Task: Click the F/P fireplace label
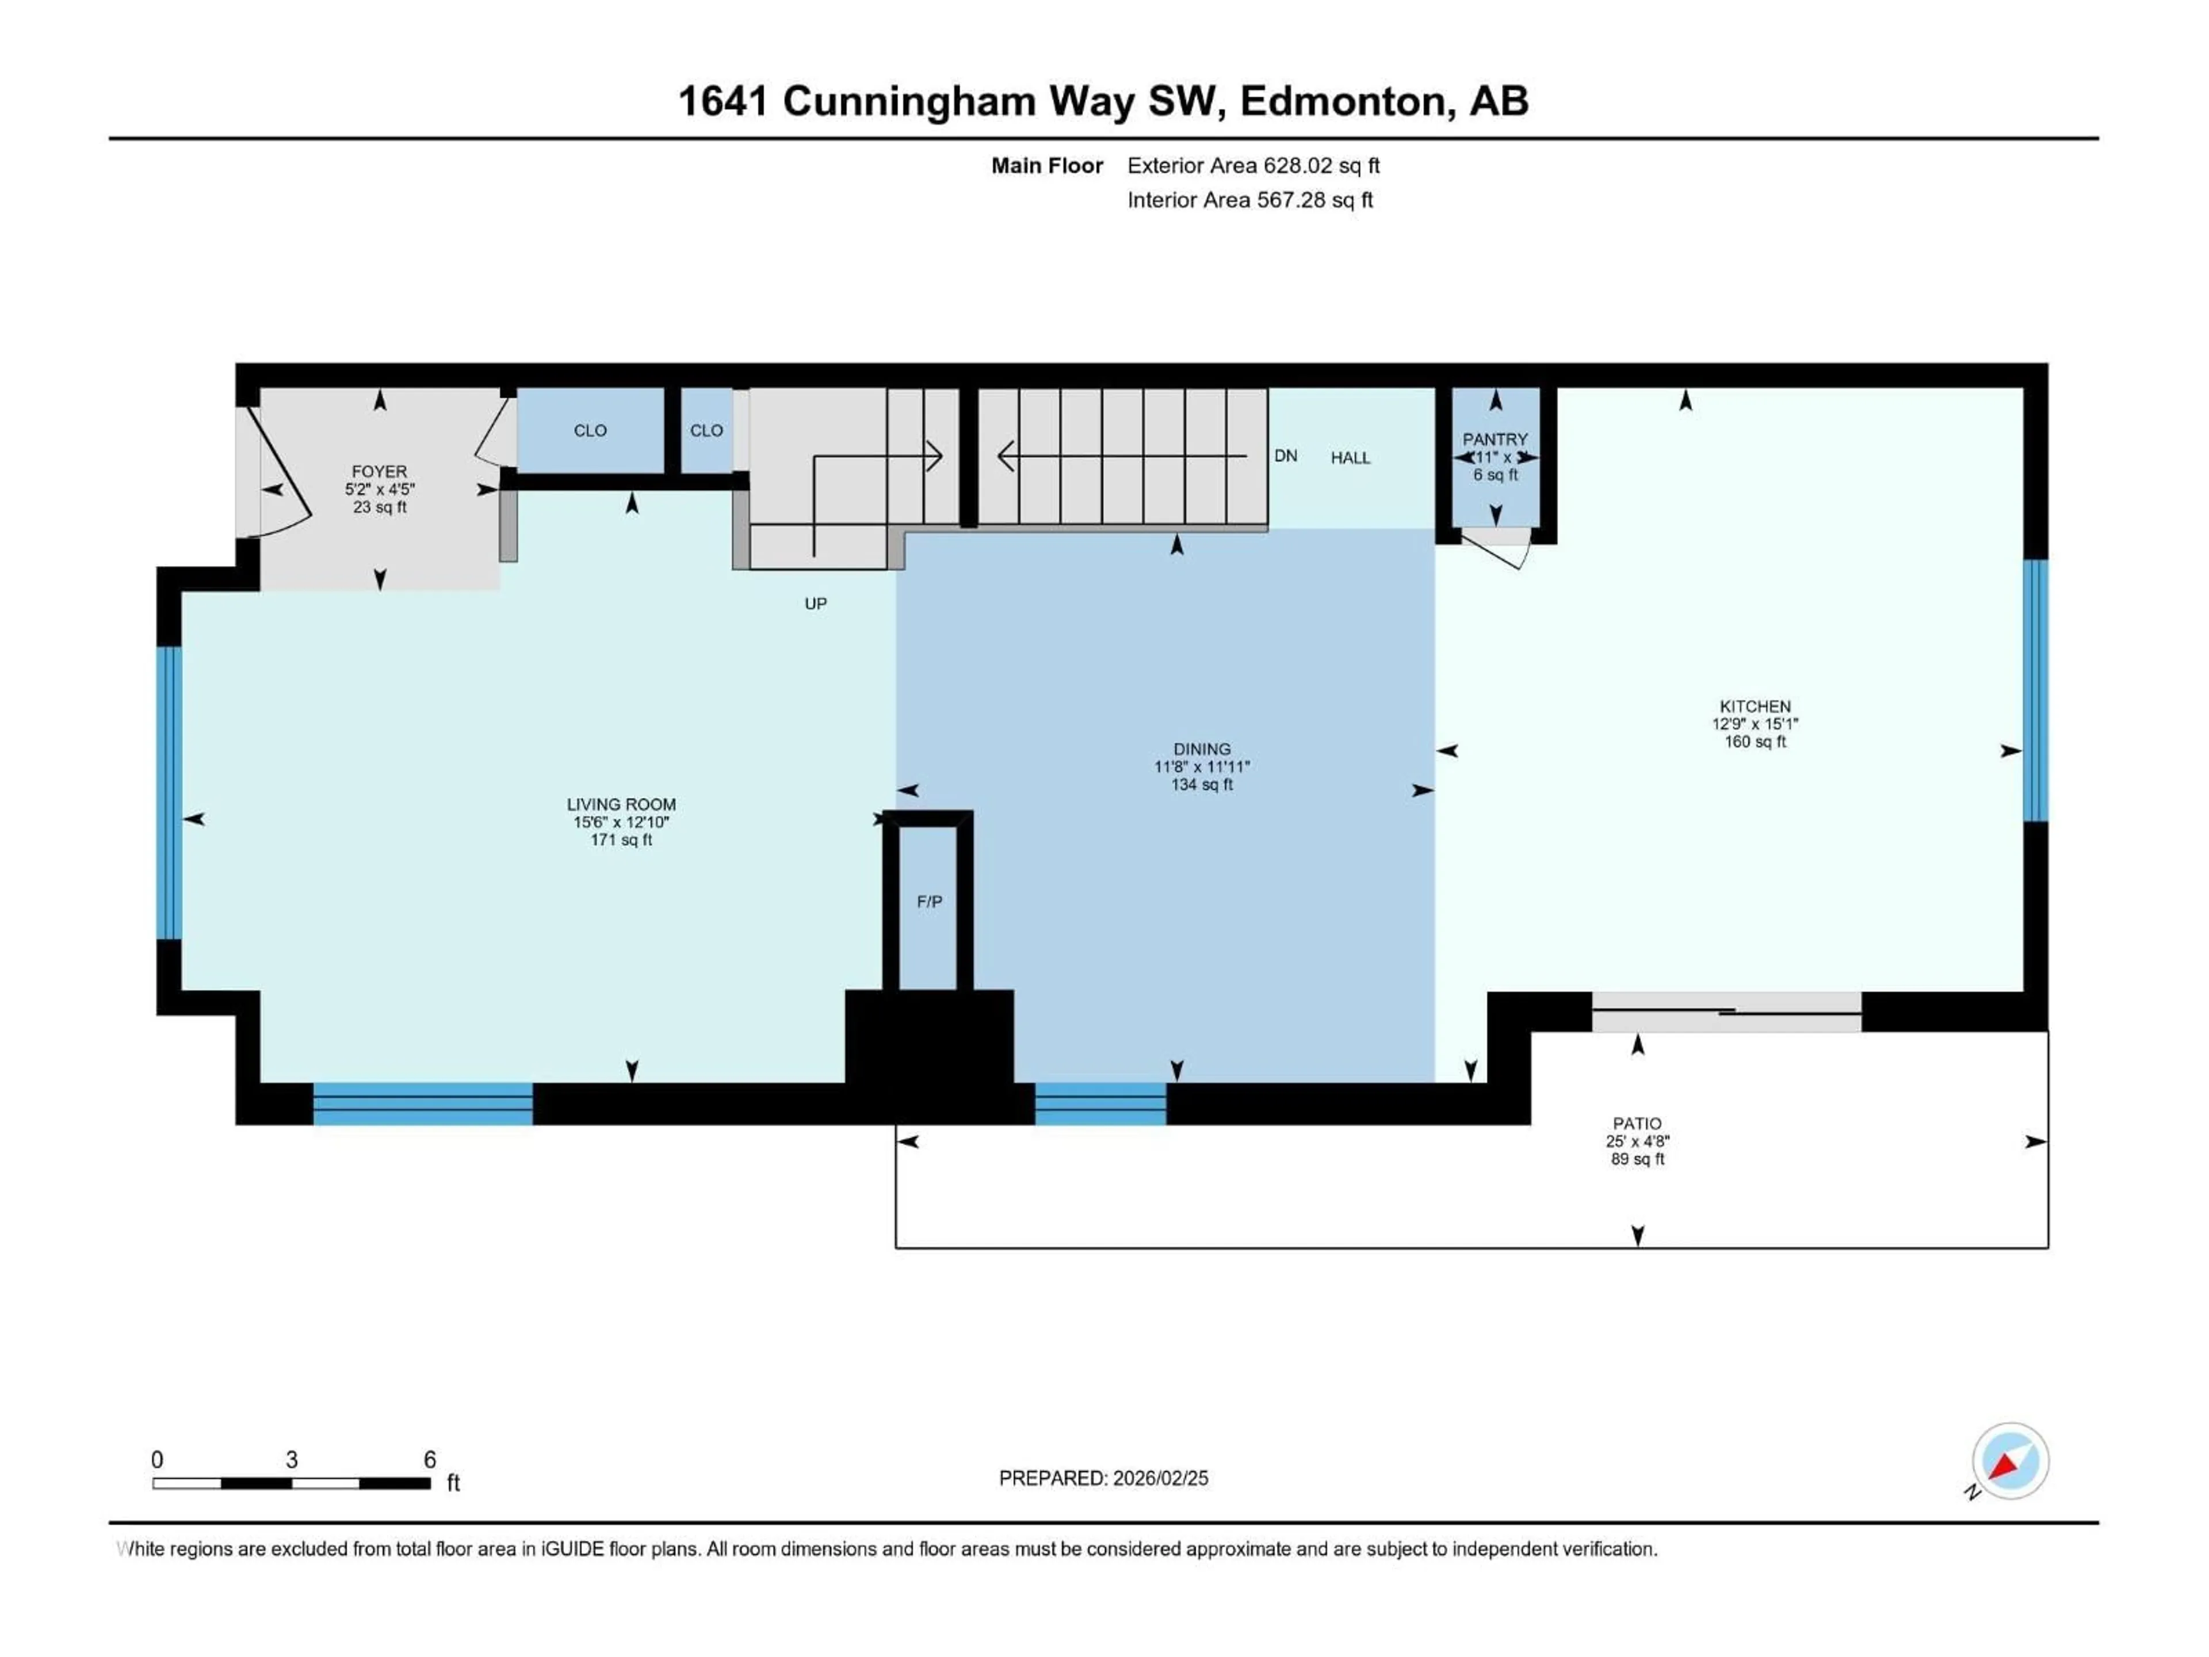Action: pyautogui.click(x=928, y=902)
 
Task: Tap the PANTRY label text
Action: pyautogui.click(x=1495, y=440)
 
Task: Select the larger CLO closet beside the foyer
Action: pyautogui.click(x=590, y=430)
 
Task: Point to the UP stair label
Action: pyautogui.click(x=816, y=604)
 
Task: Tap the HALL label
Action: pyautogui.click(x=1350, y=459)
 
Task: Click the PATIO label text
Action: pyautogui.click(x=1637, y=1124)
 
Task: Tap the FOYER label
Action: pyautogui.click(x=380, y=471)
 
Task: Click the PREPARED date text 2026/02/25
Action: pyautogui.click(x=1159, y=1478)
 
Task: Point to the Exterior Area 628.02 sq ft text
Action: pyautogui.click(x=1253, y=166)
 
